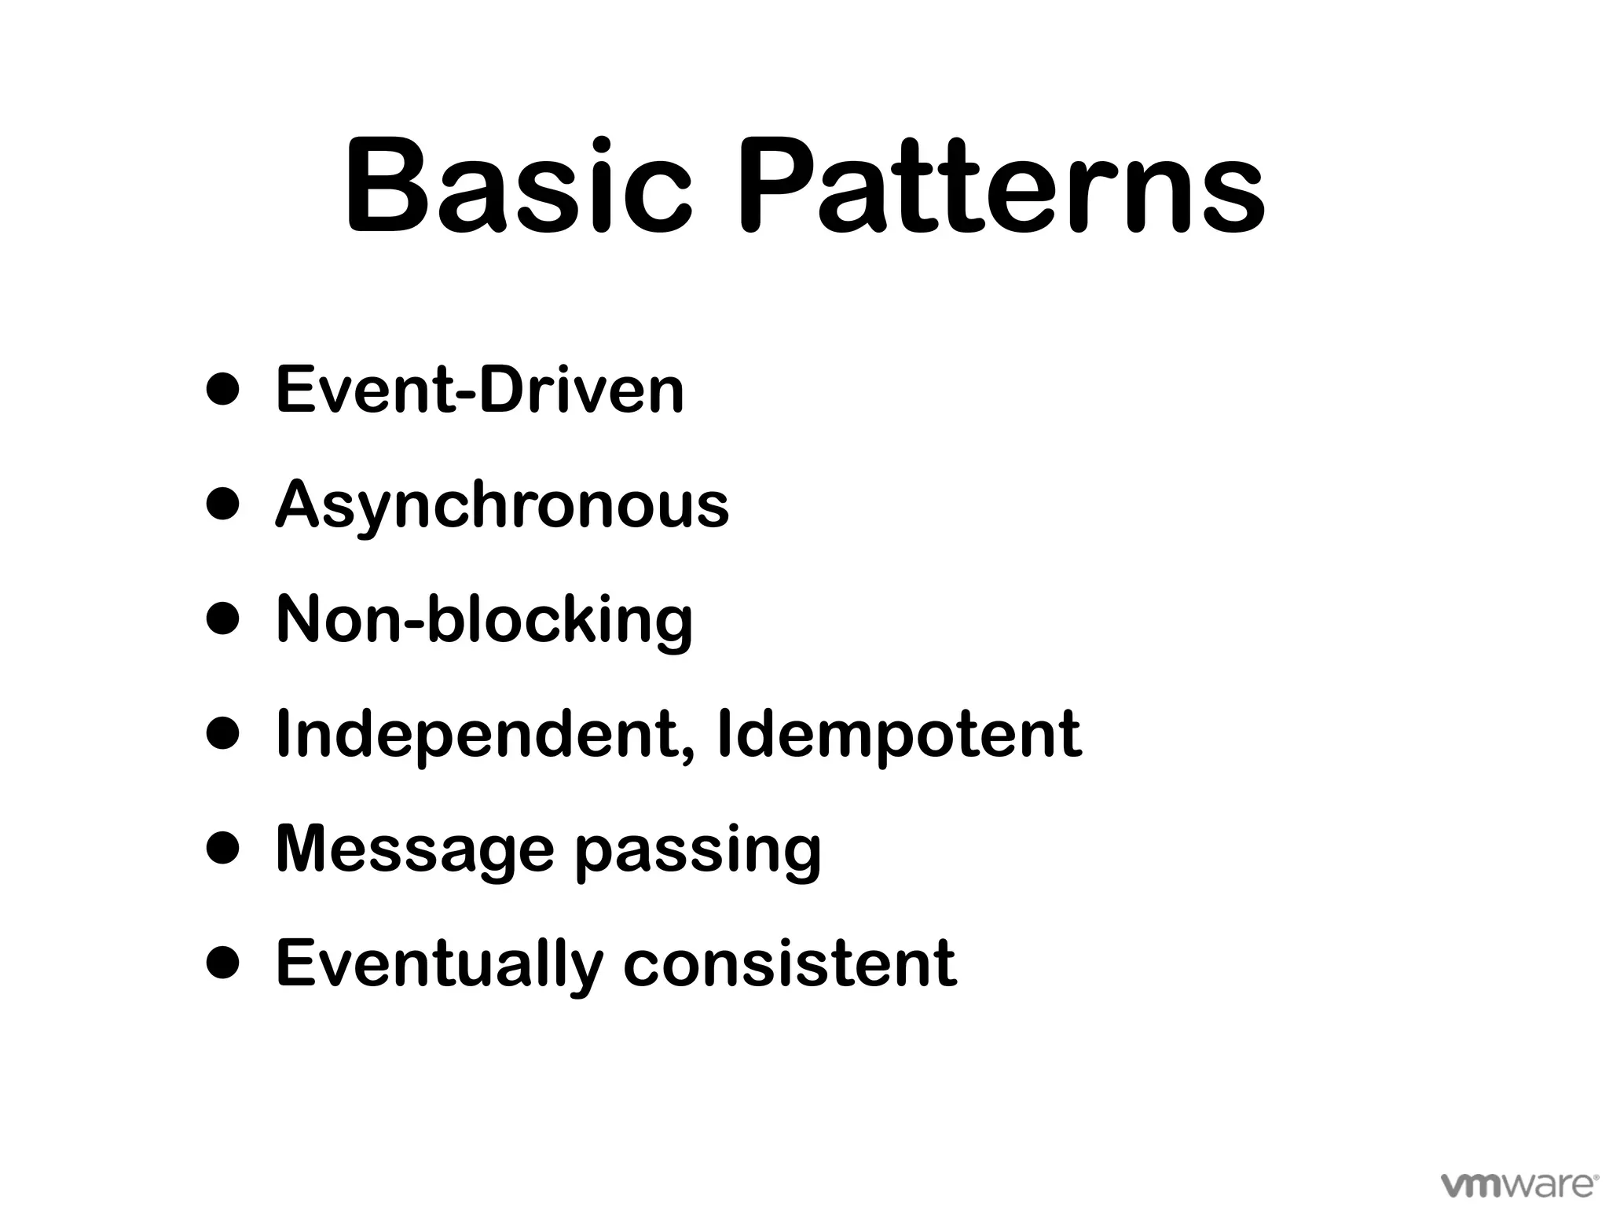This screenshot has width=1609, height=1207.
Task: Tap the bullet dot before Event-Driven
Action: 222,390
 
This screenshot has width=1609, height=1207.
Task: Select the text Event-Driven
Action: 479,390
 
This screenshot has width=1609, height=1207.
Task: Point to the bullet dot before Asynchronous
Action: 222,504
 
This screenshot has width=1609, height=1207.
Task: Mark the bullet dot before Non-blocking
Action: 222,619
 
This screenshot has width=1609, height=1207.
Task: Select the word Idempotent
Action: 899,735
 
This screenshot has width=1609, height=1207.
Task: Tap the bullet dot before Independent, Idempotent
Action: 222,734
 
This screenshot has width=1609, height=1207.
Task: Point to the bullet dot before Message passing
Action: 222,849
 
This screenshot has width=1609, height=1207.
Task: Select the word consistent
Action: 790,963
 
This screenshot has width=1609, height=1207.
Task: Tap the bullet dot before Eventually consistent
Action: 222,963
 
